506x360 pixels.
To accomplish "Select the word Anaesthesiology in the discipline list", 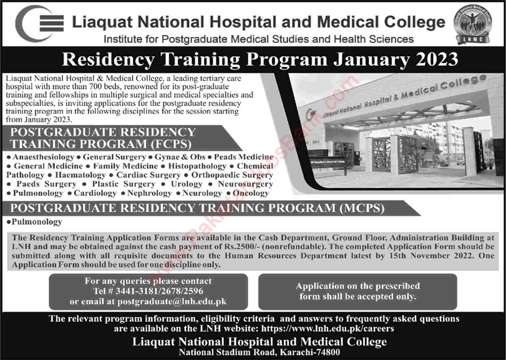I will tap(37, 158).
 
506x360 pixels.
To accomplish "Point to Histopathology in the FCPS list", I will tap(198, 167).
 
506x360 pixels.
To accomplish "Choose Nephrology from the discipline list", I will tap(150, 193).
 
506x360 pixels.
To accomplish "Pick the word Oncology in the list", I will tap(251, 193).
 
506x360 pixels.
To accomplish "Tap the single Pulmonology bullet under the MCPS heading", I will tap(36, 222).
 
